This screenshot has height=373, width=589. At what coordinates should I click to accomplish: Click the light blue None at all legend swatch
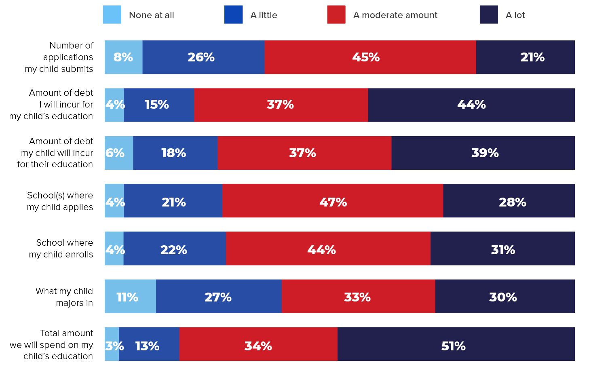click(112, 15)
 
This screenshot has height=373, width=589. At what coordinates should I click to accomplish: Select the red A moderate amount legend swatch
click(336, 15)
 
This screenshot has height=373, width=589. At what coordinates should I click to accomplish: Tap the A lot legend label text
click(515, 15)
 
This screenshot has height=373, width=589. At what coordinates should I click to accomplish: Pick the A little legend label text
click(264, 15)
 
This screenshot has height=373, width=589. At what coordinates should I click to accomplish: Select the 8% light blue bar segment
click(123, 57)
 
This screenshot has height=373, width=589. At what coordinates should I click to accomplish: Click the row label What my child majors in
click(64, 297)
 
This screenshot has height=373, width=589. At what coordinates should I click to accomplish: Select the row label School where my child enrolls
click(61, 249)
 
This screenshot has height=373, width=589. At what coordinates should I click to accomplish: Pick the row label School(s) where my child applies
click(60, 201)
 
